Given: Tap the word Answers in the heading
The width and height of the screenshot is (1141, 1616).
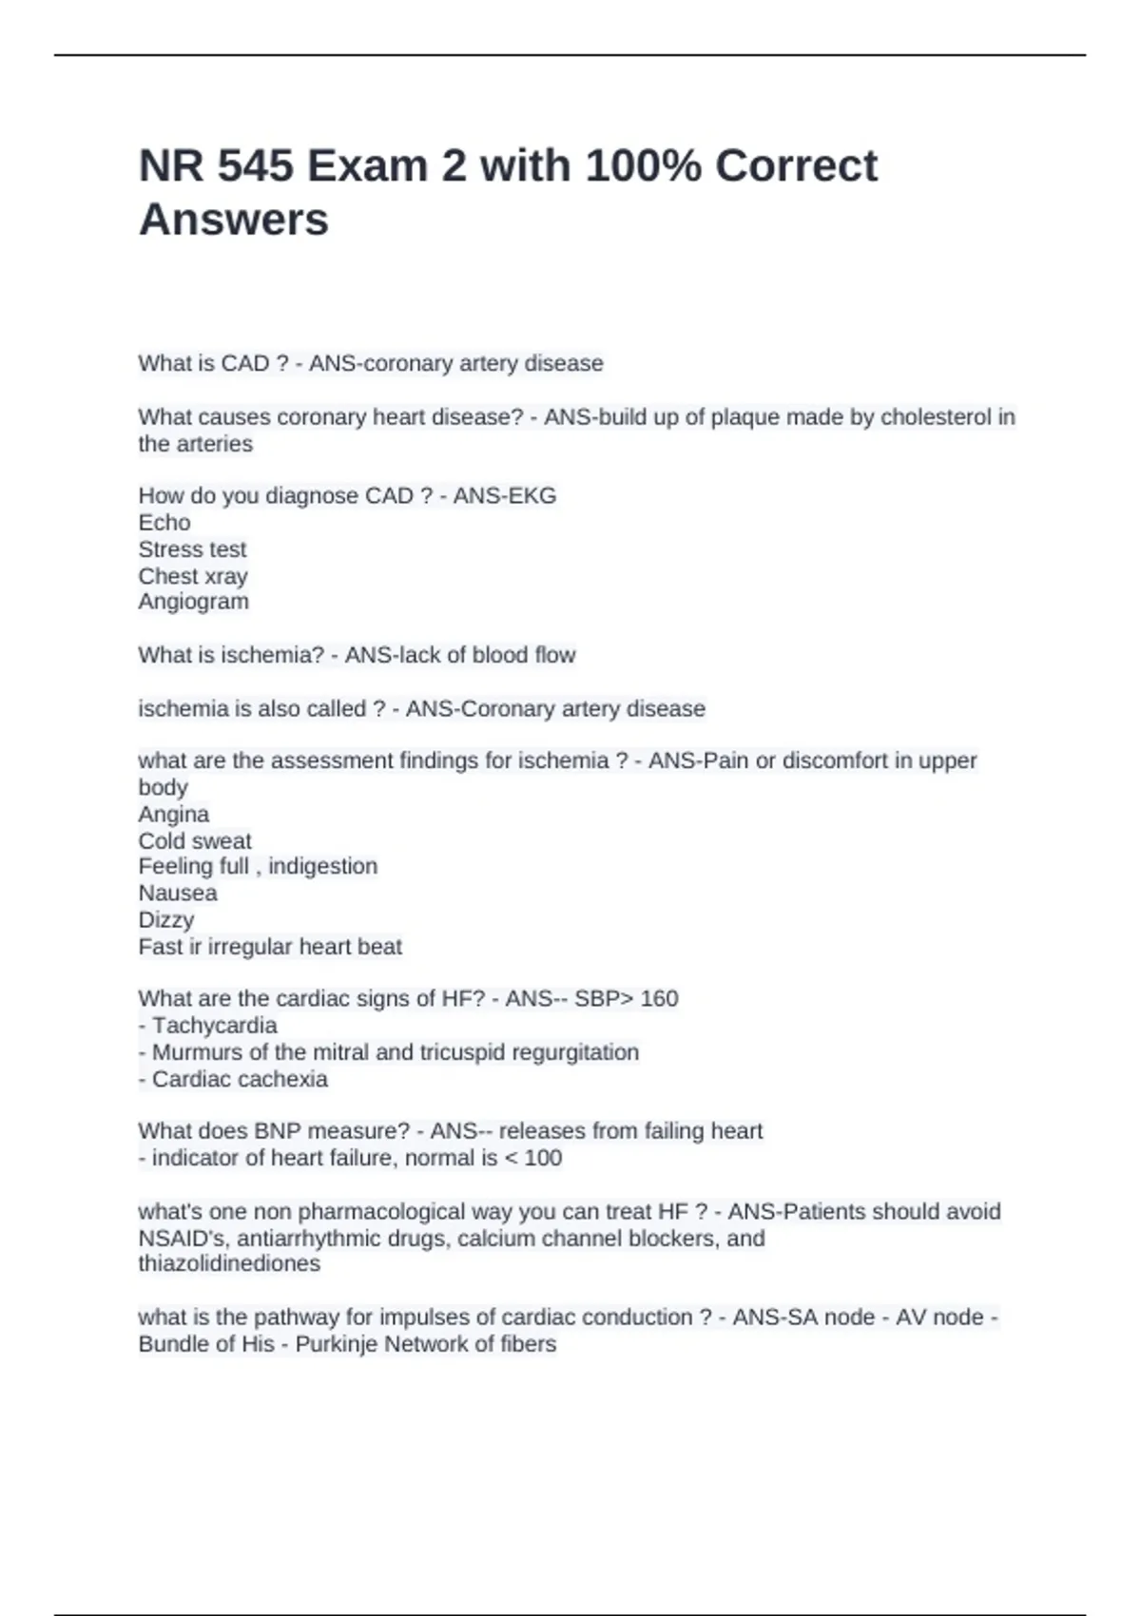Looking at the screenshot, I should coord(234,220).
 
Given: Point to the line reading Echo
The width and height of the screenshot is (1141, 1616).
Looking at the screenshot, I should coord(164,523).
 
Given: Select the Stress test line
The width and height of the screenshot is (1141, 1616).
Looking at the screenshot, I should coord(192,549).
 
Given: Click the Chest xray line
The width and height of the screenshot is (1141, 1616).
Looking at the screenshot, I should coord(193,576).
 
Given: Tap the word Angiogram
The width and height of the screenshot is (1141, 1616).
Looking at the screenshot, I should coord(194,602).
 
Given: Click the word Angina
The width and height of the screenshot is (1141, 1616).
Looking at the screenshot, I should coord(174,815).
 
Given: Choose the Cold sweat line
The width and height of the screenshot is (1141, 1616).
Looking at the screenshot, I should coord(195,841).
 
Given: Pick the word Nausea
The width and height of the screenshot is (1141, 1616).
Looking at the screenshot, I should coord(178,894).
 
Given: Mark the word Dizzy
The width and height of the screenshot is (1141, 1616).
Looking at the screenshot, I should coord(166,920).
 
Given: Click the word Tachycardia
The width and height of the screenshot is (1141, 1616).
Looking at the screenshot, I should coord(215,1026).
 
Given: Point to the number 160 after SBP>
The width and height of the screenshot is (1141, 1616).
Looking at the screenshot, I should coord(659,999).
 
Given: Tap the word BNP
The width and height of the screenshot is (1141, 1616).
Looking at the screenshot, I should coord(275,1131).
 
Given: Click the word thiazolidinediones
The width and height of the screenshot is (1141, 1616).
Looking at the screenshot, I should coord(229,1263).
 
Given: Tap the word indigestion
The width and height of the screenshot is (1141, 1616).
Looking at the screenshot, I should coord(323,866).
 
